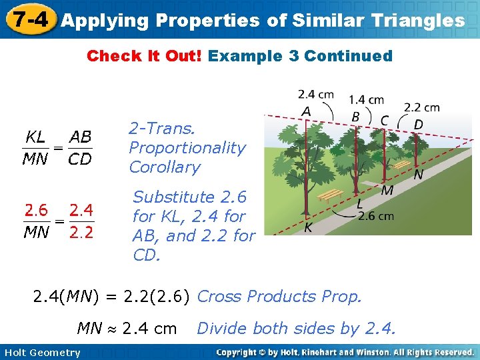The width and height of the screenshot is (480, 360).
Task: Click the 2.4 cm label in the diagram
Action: click(316, 94)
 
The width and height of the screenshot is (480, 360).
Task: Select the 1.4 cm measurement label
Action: click(366, 100)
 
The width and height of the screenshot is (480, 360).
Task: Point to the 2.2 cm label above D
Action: click(421, 107)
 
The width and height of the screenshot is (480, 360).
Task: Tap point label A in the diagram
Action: click(306, 110)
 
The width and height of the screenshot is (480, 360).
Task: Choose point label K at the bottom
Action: click(309, 227)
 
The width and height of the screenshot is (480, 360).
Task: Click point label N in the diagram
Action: click(418, 175)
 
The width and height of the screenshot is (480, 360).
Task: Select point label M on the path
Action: click(387, 191)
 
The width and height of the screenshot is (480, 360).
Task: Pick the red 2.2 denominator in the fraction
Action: click(81, 233)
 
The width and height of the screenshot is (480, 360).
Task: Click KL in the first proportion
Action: click(35, 137)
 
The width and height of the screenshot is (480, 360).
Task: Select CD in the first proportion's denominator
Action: click(80, 159)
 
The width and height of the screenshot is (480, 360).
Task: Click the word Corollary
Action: click(165, 167)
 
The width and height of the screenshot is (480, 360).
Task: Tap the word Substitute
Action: click(173, 197)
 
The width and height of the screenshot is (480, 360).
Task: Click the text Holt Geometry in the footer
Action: click(41, 353)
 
